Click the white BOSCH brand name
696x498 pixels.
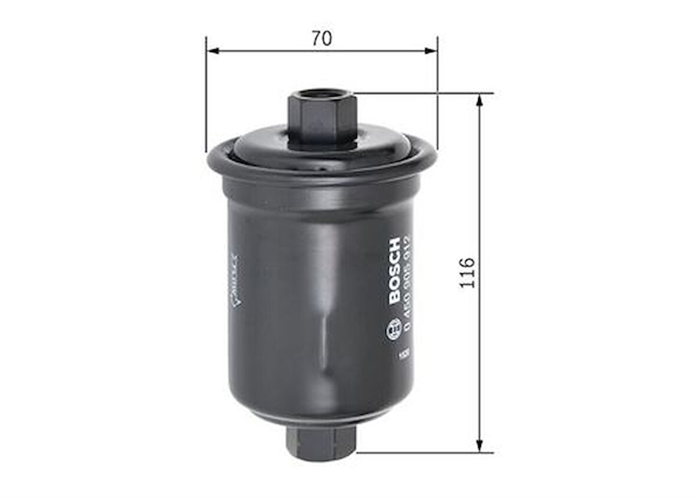click(x=394, y=271)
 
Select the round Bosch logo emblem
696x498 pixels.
click(x=393, y=332)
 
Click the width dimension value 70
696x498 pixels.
click(x=321, y=38)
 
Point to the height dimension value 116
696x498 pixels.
click(x=467, y=273)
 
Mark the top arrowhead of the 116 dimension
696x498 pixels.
click(x=480, y=100)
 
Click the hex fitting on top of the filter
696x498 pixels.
click(x=321, y=118)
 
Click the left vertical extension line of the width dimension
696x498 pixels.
click(x=206, y=94)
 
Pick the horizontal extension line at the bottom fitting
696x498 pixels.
click(x=425, y=453)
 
